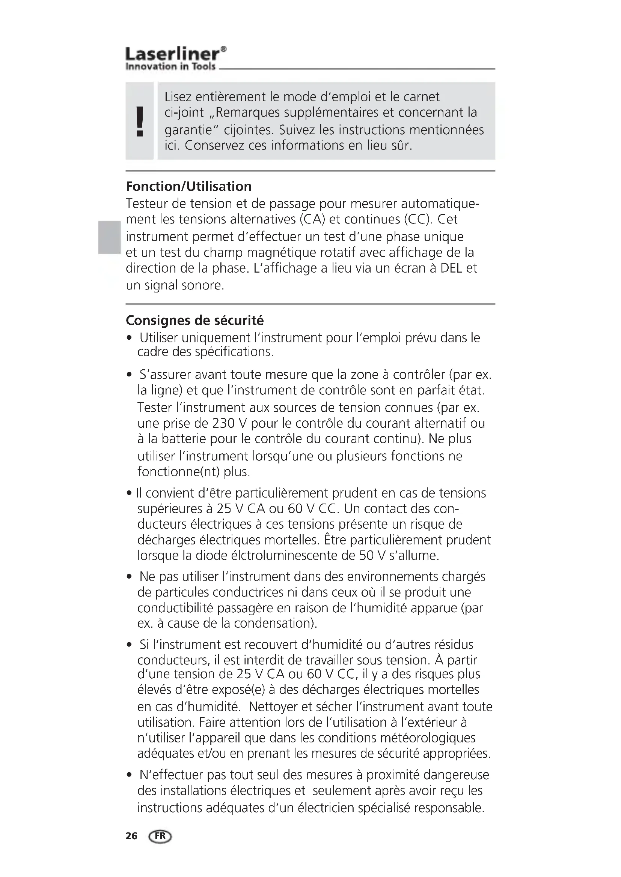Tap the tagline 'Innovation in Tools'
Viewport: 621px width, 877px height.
pyautogui.click(x=170, y=66)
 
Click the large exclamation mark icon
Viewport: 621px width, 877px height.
pyautogui.click(x=140, y=121)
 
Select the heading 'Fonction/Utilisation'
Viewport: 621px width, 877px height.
pyautogui.click(x=189, y=186)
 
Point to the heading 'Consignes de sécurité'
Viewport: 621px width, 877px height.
pyautogui.click(x=194, y=320)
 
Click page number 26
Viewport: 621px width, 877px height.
pyautogui.click(x=131, y=836)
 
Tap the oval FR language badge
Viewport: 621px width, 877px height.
pyautogui.click(x=160, y=836)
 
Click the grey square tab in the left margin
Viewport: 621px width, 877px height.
pyautogui.click(x=109, y=237)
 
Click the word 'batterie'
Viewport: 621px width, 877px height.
pyautogui.click(x=184, y=439)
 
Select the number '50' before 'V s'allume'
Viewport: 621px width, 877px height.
pyautogui.click(x=366, y=555)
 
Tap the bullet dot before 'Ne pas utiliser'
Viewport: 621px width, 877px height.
pyautogui.click(x=129, y=576)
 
